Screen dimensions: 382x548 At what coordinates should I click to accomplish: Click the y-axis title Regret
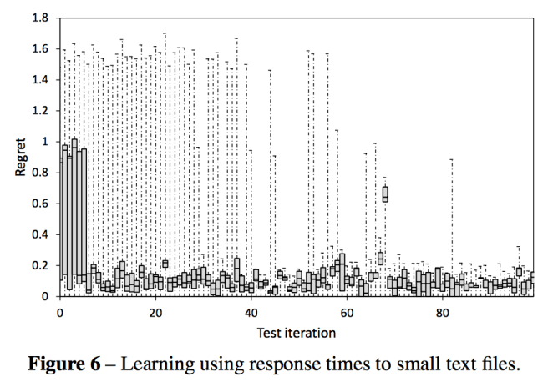(x=19, y=156)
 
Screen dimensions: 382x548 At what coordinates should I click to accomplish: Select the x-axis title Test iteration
(x=296, y=333)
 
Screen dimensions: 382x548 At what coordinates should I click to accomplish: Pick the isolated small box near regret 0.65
(x=385, y=194)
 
